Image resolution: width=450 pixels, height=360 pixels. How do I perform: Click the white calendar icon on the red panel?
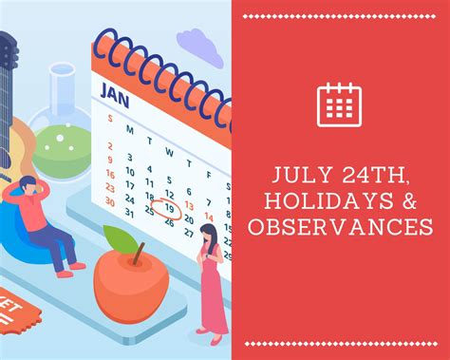(340, 104)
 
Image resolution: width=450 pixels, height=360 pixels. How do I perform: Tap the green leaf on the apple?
(119, 238)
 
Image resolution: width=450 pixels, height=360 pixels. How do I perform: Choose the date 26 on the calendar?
(169, 224)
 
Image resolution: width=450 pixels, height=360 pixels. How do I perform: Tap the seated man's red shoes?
(66, 272)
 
